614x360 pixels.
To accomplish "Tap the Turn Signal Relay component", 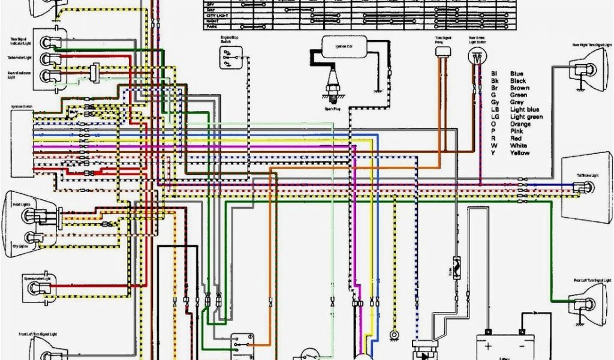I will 443,52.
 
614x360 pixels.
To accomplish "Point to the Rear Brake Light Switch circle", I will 477,58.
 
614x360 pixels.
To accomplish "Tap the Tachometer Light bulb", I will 47,58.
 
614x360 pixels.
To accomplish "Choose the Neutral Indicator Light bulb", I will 47,74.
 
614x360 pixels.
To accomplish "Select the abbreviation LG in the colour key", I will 495,117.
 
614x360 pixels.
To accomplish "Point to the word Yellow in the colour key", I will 520,153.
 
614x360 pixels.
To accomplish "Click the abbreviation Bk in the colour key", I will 495,80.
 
